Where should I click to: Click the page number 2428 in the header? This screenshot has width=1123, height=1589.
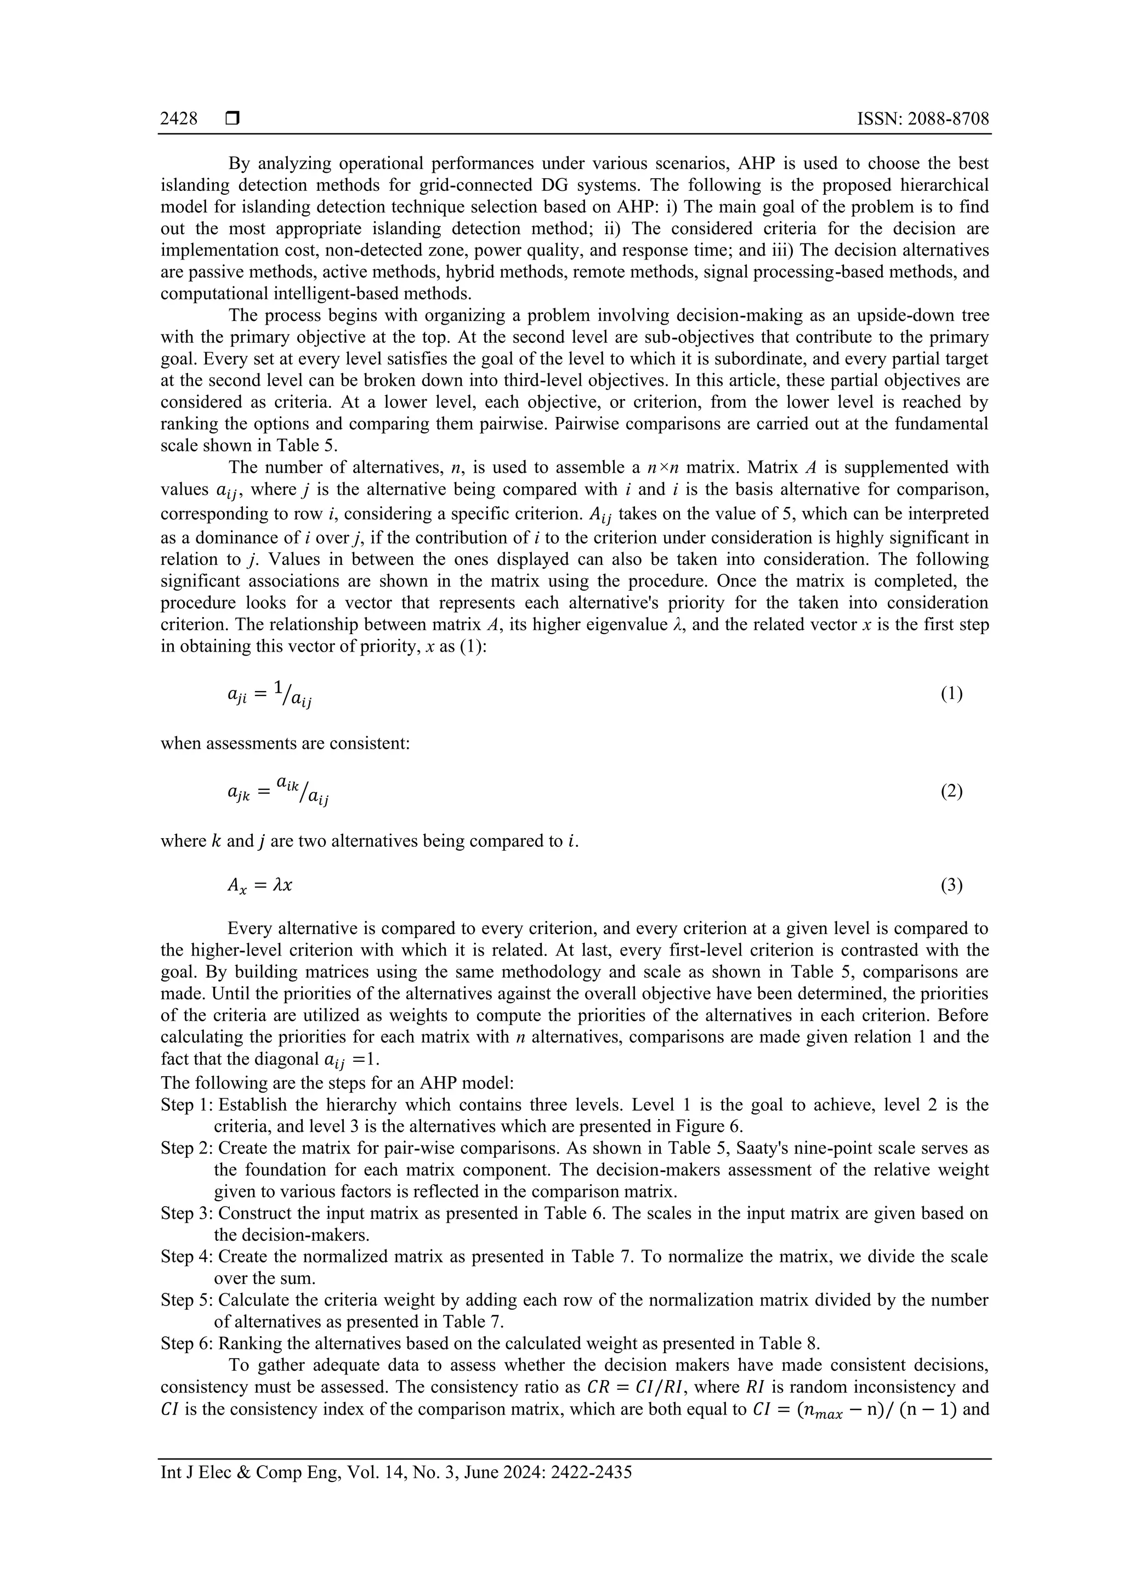click(179, 119)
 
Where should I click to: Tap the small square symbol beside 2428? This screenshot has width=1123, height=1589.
click(232, 119)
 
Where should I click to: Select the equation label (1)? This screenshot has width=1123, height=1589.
click(951, 693)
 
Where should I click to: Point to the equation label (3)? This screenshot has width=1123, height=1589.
click(951, 885)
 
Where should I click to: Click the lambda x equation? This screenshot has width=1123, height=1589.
click(259, 886)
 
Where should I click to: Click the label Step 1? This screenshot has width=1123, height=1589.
click(187, 1105)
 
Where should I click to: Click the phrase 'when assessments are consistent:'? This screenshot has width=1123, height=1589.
click(285, 743)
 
